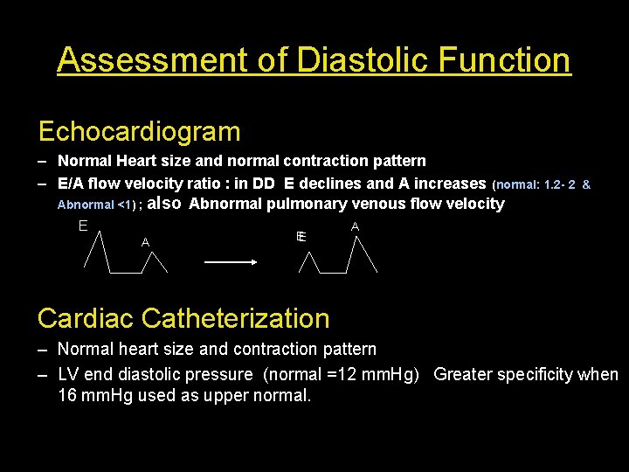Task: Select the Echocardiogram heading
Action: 139,132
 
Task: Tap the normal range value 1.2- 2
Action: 559,185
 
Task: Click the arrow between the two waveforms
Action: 229,261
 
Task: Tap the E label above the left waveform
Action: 82,226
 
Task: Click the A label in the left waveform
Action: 146,242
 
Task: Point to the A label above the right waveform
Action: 355,226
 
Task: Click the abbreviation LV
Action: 68,375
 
